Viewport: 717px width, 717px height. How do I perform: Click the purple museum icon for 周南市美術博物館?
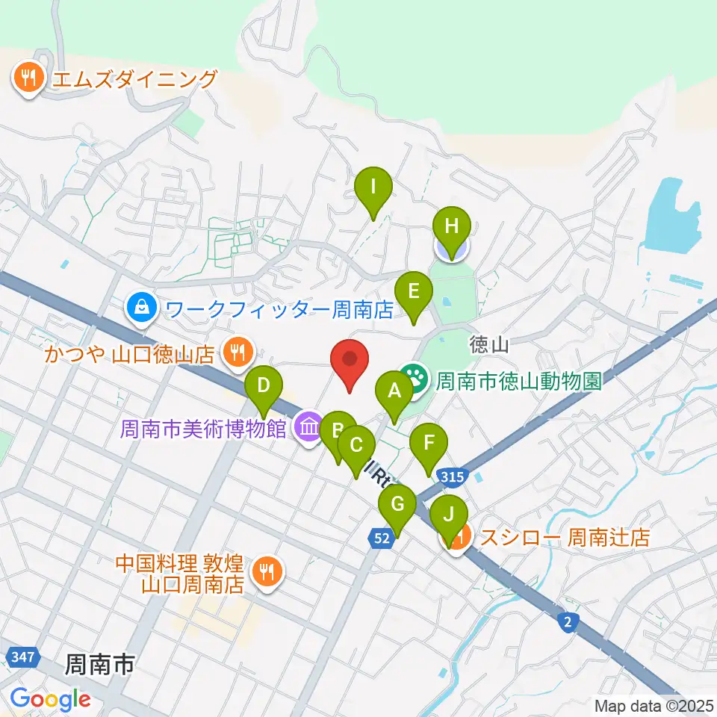[308, 428]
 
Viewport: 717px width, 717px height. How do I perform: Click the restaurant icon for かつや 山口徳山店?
[238, 349]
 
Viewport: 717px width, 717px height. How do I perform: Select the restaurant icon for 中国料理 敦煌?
[264, 571]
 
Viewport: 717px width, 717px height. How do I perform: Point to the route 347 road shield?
[22, 657]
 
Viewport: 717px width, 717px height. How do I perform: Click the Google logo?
[50, 699]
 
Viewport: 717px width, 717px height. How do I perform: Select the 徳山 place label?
[490, 345]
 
